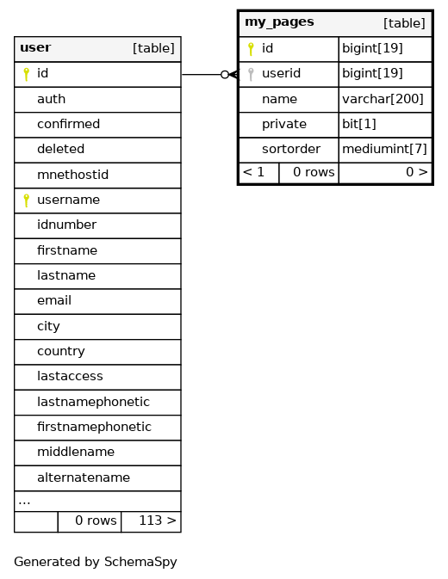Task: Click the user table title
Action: click(35, 47)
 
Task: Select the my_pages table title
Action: click(279, 22)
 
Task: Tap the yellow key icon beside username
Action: click(26, 200)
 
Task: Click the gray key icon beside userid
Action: click(251, 74)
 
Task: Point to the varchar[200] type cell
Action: click(385, 99)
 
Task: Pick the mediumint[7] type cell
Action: click(385, 149)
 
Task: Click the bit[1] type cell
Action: click(385, 125)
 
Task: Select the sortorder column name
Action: click(291, 149)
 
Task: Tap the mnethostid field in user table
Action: click(73, 175)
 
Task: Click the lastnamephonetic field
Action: click(94, 402)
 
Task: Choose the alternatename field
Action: click(84, 477)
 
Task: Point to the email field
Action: click(54, 300)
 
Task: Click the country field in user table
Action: click(61, 351)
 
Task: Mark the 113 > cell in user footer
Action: click(151, 521)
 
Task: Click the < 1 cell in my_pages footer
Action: click(258, 172)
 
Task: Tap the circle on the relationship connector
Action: click(224, 75)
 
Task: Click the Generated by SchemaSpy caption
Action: click(96, 562)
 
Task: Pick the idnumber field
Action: click(67, 225)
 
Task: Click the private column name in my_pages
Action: click(284, 125)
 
